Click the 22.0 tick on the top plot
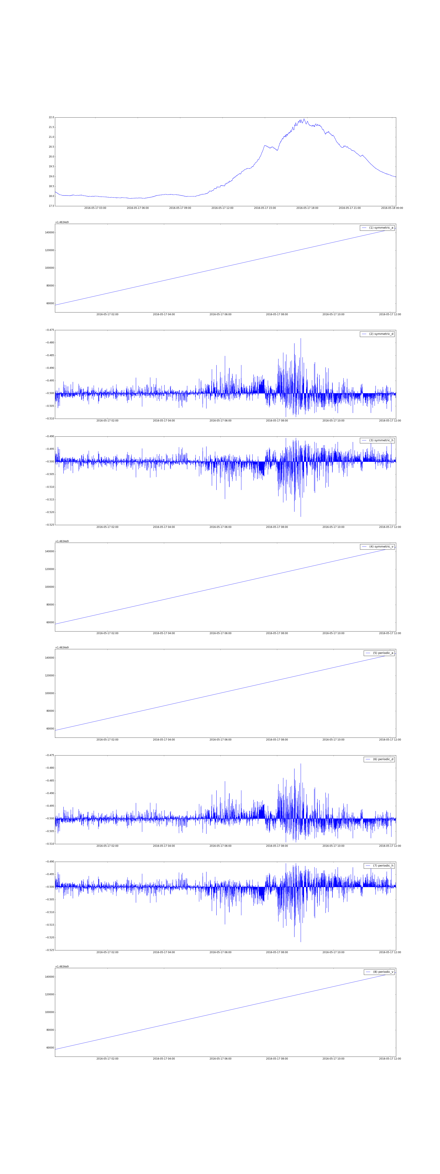tap(51, 118)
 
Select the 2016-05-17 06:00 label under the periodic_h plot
tap(220, 952)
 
